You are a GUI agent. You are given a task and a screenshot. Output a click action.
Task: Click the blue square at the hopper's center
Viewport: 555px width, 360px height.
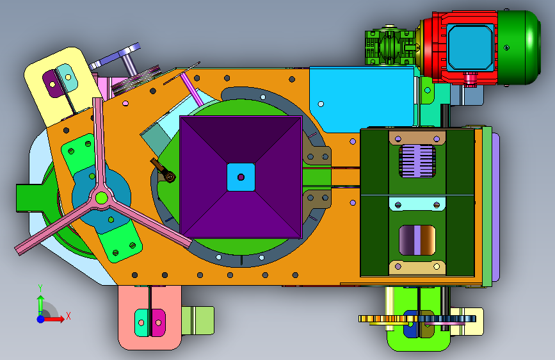tap(241, 177)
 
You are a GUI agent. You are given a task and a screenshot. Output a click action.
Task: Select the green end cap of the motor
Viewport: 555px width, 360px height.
tap(519, 47)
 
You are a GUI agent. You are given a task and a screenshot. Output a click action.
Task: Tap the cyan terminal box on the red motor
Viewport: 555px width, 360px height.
tap(470, 47)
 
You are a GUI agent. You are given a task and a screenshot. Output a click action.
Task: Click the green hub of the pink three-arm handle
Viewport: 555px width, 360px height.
tap(101, 198)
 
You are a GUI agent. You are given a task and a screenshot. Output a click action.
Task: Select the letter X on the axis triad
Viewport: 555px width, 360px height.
tap(68, 316)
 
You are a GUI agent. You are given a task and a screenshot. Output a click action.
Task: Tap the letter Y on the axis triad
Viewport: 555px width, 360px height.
tap(40, 288)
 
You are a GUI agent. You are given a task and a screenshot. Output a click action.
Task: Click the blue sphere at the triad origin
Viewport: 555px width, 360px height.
tap(41, 319)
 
